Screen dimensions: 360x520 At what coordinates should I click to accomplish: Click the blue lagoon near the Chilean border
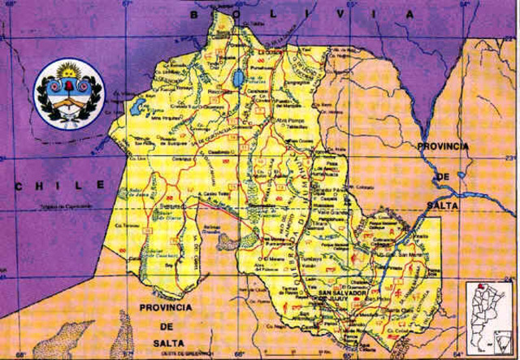click(x=137, y=106)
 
